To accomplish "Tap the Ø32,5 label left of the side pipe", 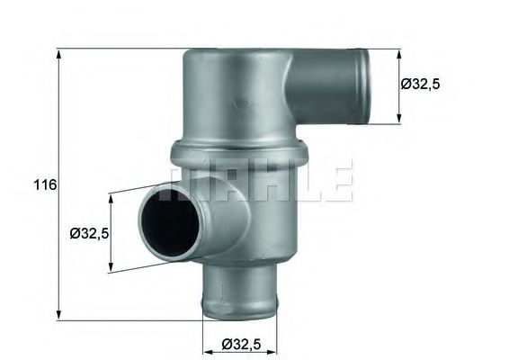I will [89, 233].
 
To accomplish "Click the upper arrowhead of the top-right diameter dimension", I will [399, 52].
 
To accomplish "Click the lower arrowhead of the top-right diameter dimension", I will [399, 119].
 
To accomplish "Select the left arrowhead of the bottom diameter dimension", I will [202, 343].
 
